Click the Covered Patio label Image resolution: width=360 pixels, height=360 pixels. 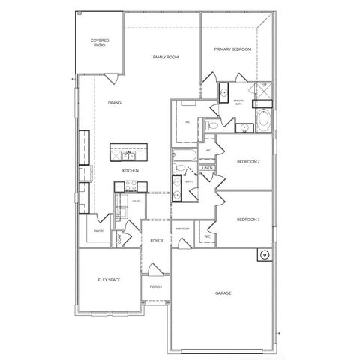(99, 43)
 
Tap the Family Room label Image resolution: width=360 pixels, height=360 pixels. (165, 57)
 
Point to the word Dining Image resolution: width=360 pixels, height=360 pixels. (115, 103)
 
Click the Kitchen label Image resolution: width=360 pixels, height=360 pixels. (131, 171)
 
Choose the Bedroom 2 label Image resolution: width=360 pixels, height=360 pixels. (248, 162)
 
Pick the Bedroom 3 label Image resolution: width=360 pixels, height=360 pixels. (248, 220)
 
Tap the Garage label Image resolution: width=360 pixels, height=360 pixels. (223, 293)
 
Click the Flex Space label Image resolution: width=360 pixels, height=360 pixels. (109, 280)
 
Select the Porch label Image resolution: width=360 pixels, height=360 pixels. (155, 286)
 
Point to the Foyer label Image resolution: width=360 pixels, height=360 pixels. (156, 241)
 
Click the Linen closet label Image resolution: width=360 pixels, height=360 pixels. (208, 169)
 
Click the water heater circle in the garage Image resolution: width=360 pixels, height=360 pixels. (264, 255)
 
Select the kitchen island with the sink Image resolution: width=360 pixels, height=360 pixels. (129, 152)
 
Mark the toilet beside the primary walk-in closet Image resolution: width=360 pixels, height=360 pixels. (213, 124)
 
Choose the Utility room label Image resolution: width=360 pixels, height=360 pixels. (136, 202)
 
